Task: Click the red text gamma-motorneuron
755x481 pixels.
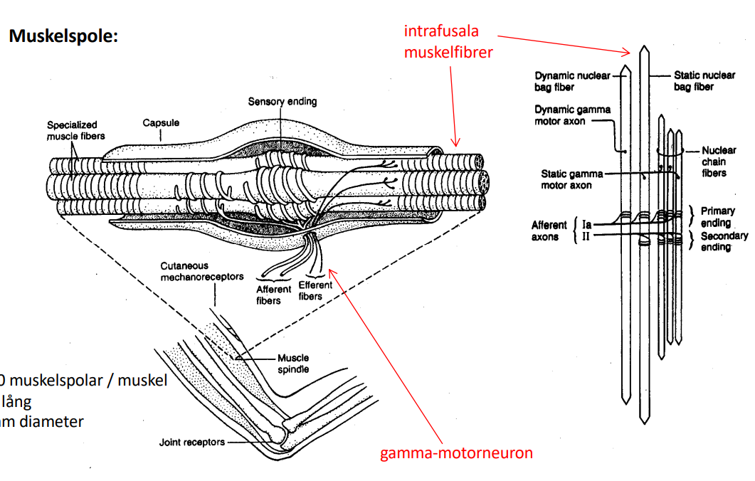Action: pyautogui.click(x=456, y=453)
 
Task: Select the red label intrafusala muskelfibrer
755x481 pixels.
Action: pyautogui.click(x=448, y=41)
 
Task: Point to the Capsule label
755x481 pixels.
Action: pyautogui.click(x=161, y=123)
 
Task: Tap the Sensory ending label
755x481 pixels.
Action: pyautogui.click(x=283, y=102)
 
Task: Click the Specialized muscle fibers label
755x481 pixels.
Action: pyautogui.click(x=73, y=130)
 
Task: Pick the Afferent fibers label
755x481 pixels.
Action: pyautogui.click(x=274, y=295)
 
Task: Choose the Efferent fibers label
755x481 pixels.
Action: pyautogui.click(x=310, y=290)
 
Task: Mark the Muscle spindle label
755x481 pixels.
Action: pyautogui.click(x=293, y=363)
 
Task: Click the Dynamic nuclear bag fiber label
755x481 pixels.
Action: pyautogui.click(x=573, y=81)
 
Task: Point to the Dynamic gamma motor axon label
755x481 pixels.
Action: pyautogui.click(x=573, y=115)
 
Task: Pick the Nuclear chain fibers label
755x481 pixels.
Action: pyautogui.click(x=719, y=162)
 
